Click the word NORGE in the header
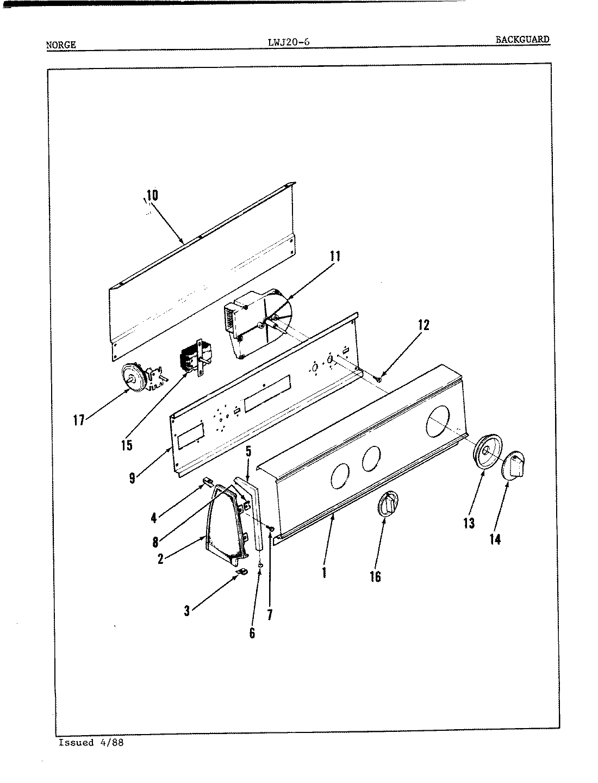61,45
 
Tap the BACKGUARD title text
522,39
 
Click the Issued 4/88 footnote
91,743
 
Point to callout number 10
152,195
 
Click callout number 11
335,256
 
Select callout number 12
423,325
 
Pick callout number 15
126,445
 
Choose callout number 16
375,576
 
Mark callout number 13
469,523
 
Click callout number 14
495,539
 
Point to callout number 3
186,611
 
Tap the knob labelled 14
515,466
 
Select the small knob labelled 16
387,505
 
